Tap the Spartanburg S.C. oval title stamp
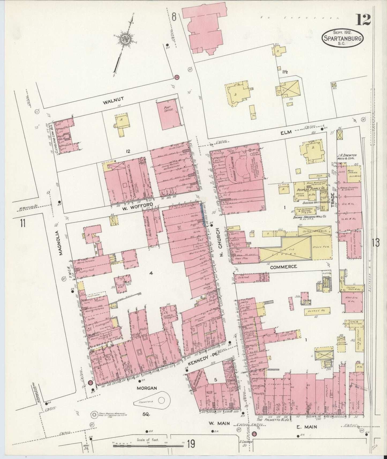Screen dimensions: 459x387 point(343,38)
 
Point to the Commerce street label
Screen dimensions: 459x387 point(283,267)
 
